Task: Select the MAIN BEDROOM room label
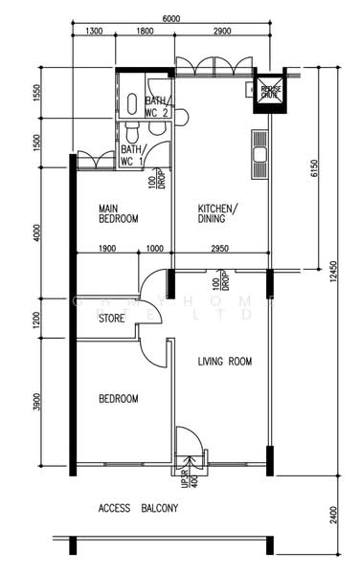tap(120, 213)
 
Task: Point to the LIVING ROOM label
tap(224, 362)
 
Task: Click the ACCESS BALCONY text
tap(138, 509)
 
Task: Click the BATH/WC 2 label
tap(158, 106)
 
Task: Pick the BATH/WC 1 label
tap(131, 155)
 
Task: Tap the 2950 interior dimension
tap(220, 249)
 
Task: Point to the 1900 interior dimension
tap(106, 249)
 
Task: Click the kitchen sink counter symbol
tap(259, 154)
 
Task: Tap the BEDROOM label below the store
tap(119, 399)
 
